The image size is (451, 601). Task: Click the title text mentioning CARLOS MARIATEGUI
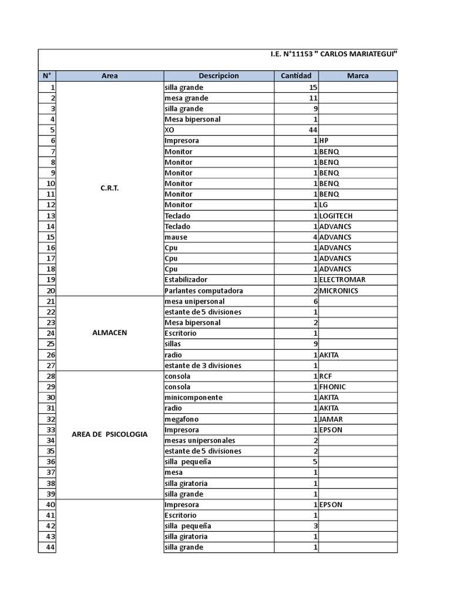pos(334,54)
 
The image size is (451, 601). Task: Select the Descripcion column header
pos(218,76)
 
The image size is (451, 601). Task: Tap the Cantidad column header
pos(297,76)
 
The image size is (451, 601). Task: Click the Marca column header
pos(358,76)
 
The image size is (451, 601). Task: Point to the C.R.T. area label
pos(109,189)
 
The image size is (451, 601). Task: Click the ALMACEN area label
pos(109,333)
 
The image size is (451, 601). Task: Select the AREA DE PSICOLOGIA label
pos(109,434)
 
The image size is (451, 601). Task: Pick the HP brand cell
pos(324,141)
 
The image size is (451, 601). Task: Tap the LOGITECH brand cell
pos(336,215)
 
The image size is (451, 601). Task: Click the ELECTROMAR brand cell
pos(340,280)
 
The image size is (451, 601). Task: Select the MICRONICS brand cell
pos(338,291)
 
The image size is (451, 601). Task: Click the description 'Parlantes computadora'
pos(204,291)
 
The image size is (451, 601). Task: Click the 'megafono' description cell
pos(181,419)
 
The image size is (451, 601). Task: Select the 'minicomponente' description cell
pos(194,397)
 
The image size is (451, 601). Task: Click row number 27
pos(50,366)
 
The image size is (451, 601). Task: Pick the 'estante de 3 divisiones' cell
pos(203,366)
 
